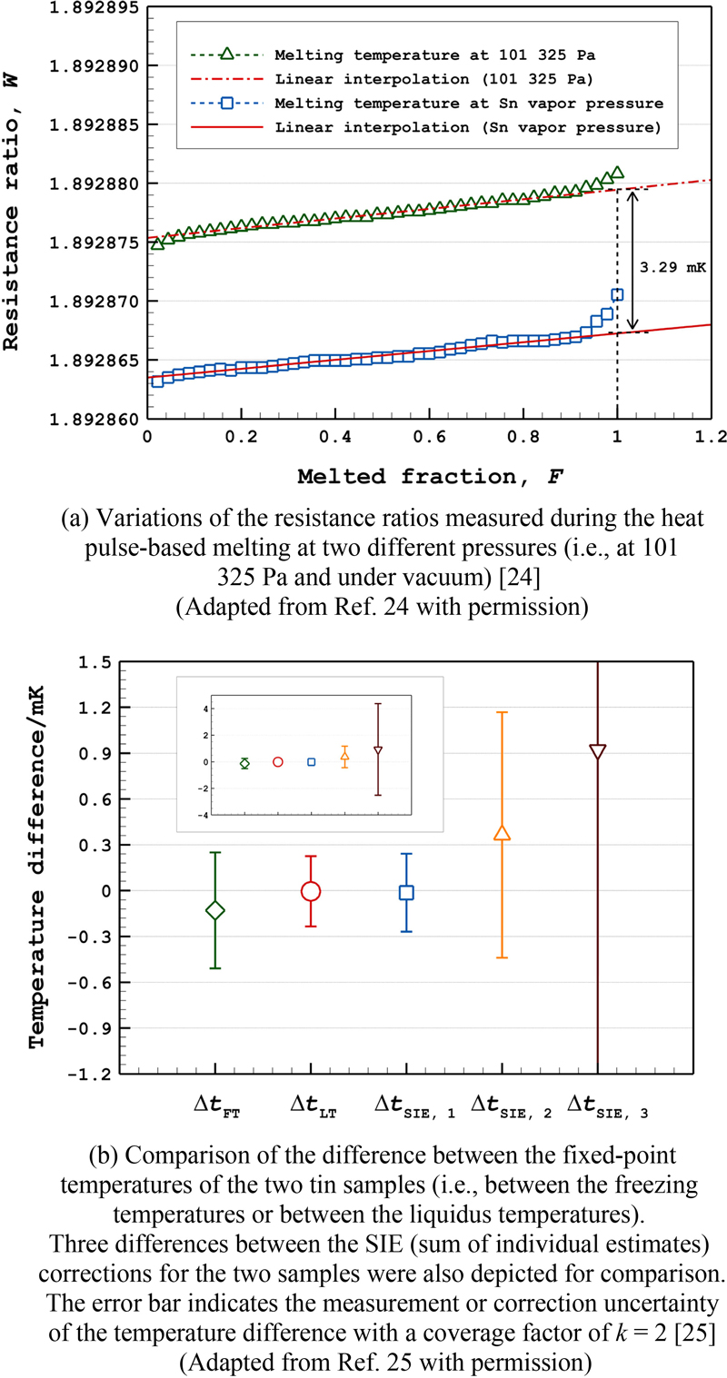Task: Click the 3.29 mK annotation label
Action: pos(668,269)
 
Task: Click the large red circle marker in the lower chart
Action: pos(311,891)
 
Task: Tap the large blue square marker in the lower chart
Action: pos(406,892)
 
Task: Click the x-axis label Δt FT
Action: pos(213,1107)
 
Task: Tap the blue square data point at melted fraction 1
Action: pos(617,294)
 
